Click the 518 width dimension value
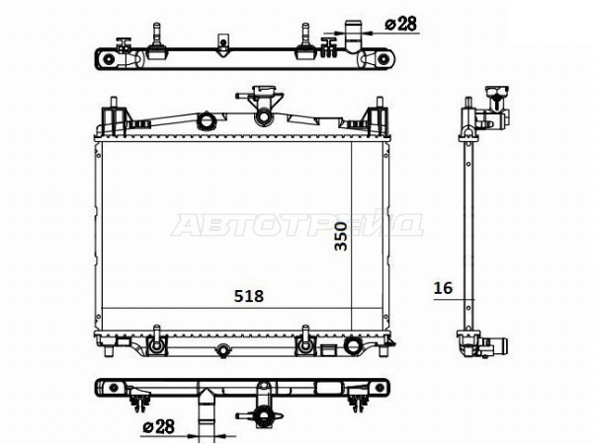pyautogui.click(x=248, y=296)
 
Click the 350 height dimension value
pyautogui.click(x=341, y=237)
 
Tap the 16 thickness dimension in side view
pyautogui.click(x=443, y=288)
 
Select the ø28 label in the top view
pyautogui.click(x=401, y=24)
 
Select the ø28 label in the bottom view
pyautogui.click(x=159, y=426)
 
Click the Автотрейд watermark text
pyautogui.click(x=296, y=225)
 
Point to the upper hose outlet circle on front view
pyautogui.click(x=207, y=120)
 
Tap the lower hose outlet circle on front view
pyautogui.click(x=354, y=345)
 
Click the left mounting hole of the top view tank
pyautogui.click(x=108, y=59)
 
